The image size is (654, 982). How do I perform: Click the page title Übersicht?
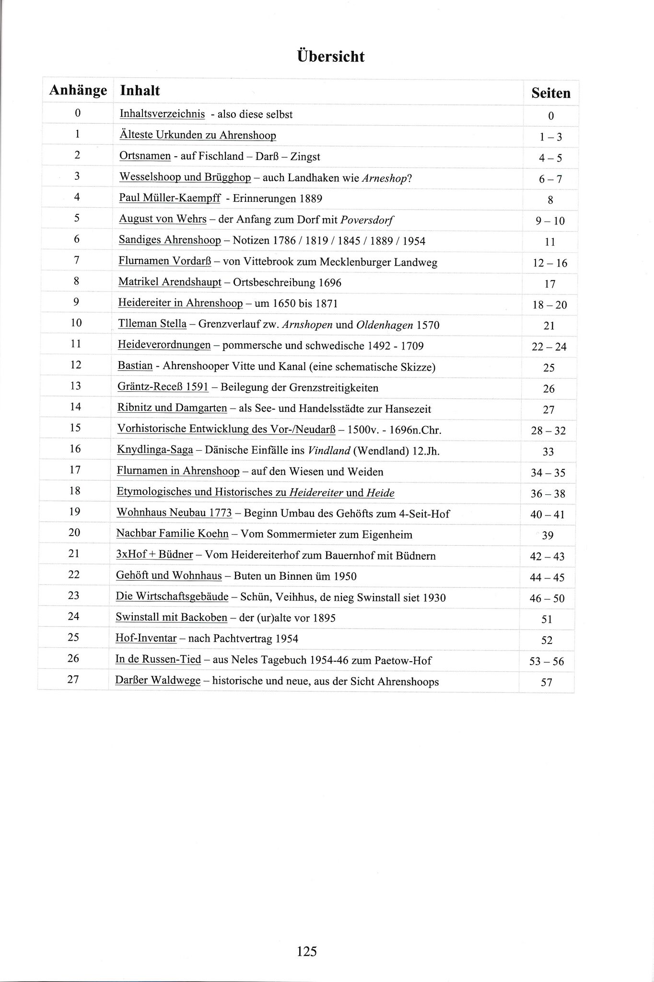click(x=331, y=57)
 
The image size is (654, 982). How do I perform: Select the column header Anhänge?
click(x=78, y=90)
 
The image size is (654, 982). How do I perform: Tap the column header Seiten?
click(x=551, y=93)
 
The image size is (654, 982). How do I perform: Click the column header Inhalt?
click(x=140, y=90)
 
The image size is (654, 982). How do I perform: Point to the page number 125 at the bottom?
click(x=307, y=951)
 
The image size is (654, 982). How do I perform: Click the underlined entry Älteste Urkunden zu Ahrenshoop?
click(x=198, y=135)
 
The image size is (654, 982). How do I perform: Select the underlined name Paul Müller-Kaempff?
click(x=170, y=198)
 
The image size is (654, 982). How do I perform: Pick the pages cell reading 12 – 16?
click(x=549, y=263)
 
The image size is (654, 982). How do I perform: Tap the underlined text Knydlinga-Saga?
click(x=155, y=450)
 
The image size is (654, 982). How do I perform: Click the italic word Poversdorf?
click(x=367, y=220)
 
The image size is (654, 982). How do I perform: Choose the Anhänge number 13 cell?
click(x=75, y=386)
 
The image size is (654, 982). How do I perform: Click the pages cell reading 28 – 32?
click(x=549, y=431)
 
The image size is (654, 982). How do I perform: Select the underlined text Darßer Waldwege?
click(x=158, y=681)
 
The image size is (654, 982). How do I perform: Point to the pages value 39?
click(x=548, y=535)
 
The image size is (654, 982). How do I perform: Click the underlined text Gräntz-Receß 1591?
click(x=163, y=387)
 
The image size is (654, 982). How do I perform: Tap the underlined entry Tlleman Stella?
click(x=152, y=324)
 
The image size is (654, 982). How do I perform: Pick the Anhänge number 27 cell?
click(x=73, y=679)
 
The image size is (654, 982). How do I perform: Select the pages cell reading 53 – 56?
click(x=547, y=662)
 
